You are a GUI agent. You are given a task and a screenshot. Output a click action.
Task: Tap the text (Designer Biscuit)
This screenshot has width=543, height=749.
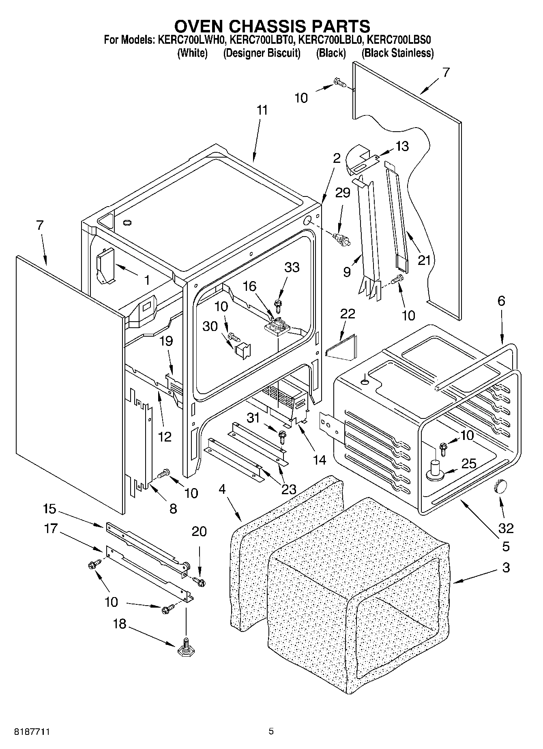pos(262,53)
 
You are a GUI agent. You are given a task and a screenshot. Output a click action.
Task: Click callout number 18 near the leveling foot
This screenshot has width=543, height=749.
pos(119,624)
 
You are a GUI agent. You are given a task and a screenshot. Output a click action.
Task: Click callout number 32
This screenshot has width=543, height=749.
pos(506,528)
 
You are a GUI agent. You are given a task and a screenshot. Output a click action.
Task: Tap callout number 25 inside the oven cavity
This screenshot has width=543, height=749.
pos(469,463)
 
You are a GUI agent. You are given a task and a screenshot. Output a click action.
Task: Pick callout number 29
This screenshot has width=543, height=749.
pos(342,192)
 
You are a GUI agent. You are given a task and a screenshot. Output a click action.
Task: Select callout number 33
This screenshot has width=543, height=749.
pos(292,267)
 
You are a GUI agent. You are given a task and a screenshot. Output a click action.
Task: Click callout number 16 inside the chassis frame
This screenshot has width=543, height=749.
pos(249,286)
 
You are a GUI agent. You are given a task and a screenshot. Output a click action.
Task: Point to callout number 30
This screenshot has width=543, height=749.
pos(210,326)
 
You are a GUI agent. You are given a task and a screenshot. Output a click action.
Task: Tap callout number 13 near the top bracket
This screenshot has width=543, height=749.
pos(402,146)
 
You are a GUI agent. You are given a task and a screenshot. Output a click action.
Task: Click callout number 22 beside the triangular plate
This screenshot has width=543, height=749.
pos(348,314)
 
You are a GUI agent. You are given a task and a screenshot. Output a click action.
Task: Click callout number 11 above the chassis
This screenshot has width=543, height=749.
pos(262,110)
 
